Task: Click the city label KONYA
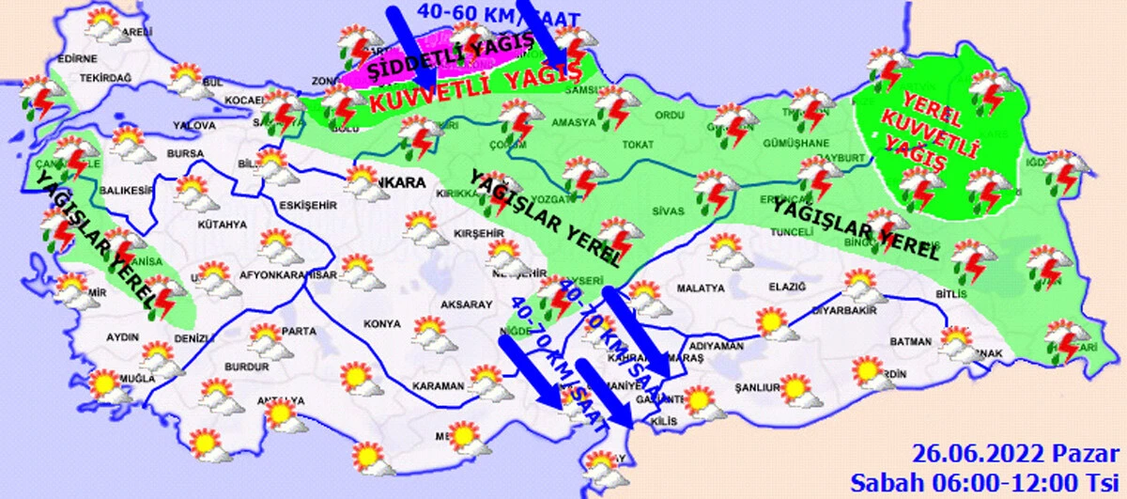pyautogui.click(x=382, y=324)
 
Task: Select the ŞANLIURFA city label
pyautogui.click(x=759, y=387)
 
